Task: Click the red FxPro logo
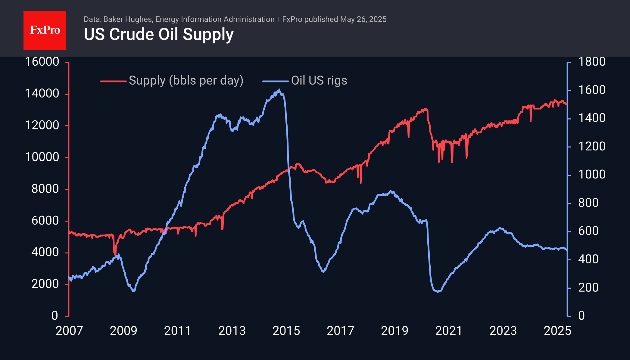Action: pos(45,30)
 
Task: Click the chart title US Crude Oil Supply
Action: pos(158,34)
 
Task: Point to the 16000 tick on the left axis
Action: pos(42,62)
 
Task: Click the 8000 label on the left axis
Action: pos(45,189)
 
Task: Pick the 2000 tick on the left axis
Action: pos(45,284)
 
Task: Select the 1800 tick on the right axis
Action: pos(591,62)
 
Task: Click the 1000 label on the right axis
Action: pos(591,175)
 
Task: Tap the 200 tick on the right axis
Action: pos(588,287)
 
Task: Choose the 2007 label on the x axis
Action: pos(69,331)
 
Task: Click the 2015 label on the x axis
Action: pos(286,331)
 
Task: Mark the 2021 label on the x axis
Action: pos(449,331)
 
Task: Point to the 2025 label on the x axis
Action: pos(557,331)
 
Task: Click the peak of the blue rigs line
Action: pos(279,89)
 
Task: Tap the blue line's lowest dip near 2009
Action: pos(134,291)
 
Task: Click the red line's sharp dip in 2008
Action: pos(115,255)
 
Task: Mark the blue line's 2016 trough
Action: pos(323,272)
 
